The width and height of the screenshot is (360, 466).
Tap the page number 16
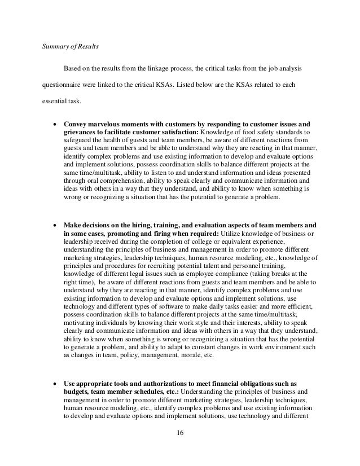pos(180,433)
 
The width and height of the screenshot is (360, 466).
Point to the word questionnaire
pos(62,87)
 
